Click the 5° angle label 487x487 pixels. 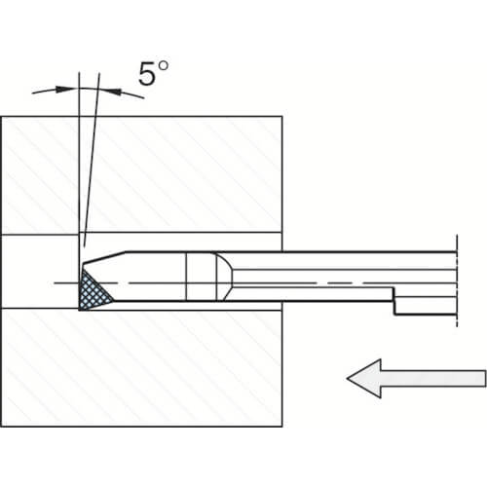153,73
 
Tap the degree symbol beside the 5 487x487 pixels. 164,65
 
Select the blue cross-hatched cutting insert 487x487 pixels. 94,289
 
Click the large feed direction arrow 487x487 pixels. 417,378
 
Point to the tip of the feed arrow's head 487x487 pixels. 347,378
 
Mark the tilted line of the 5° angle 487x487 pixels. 92,160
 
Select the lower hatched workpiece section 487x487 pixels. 141,368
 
